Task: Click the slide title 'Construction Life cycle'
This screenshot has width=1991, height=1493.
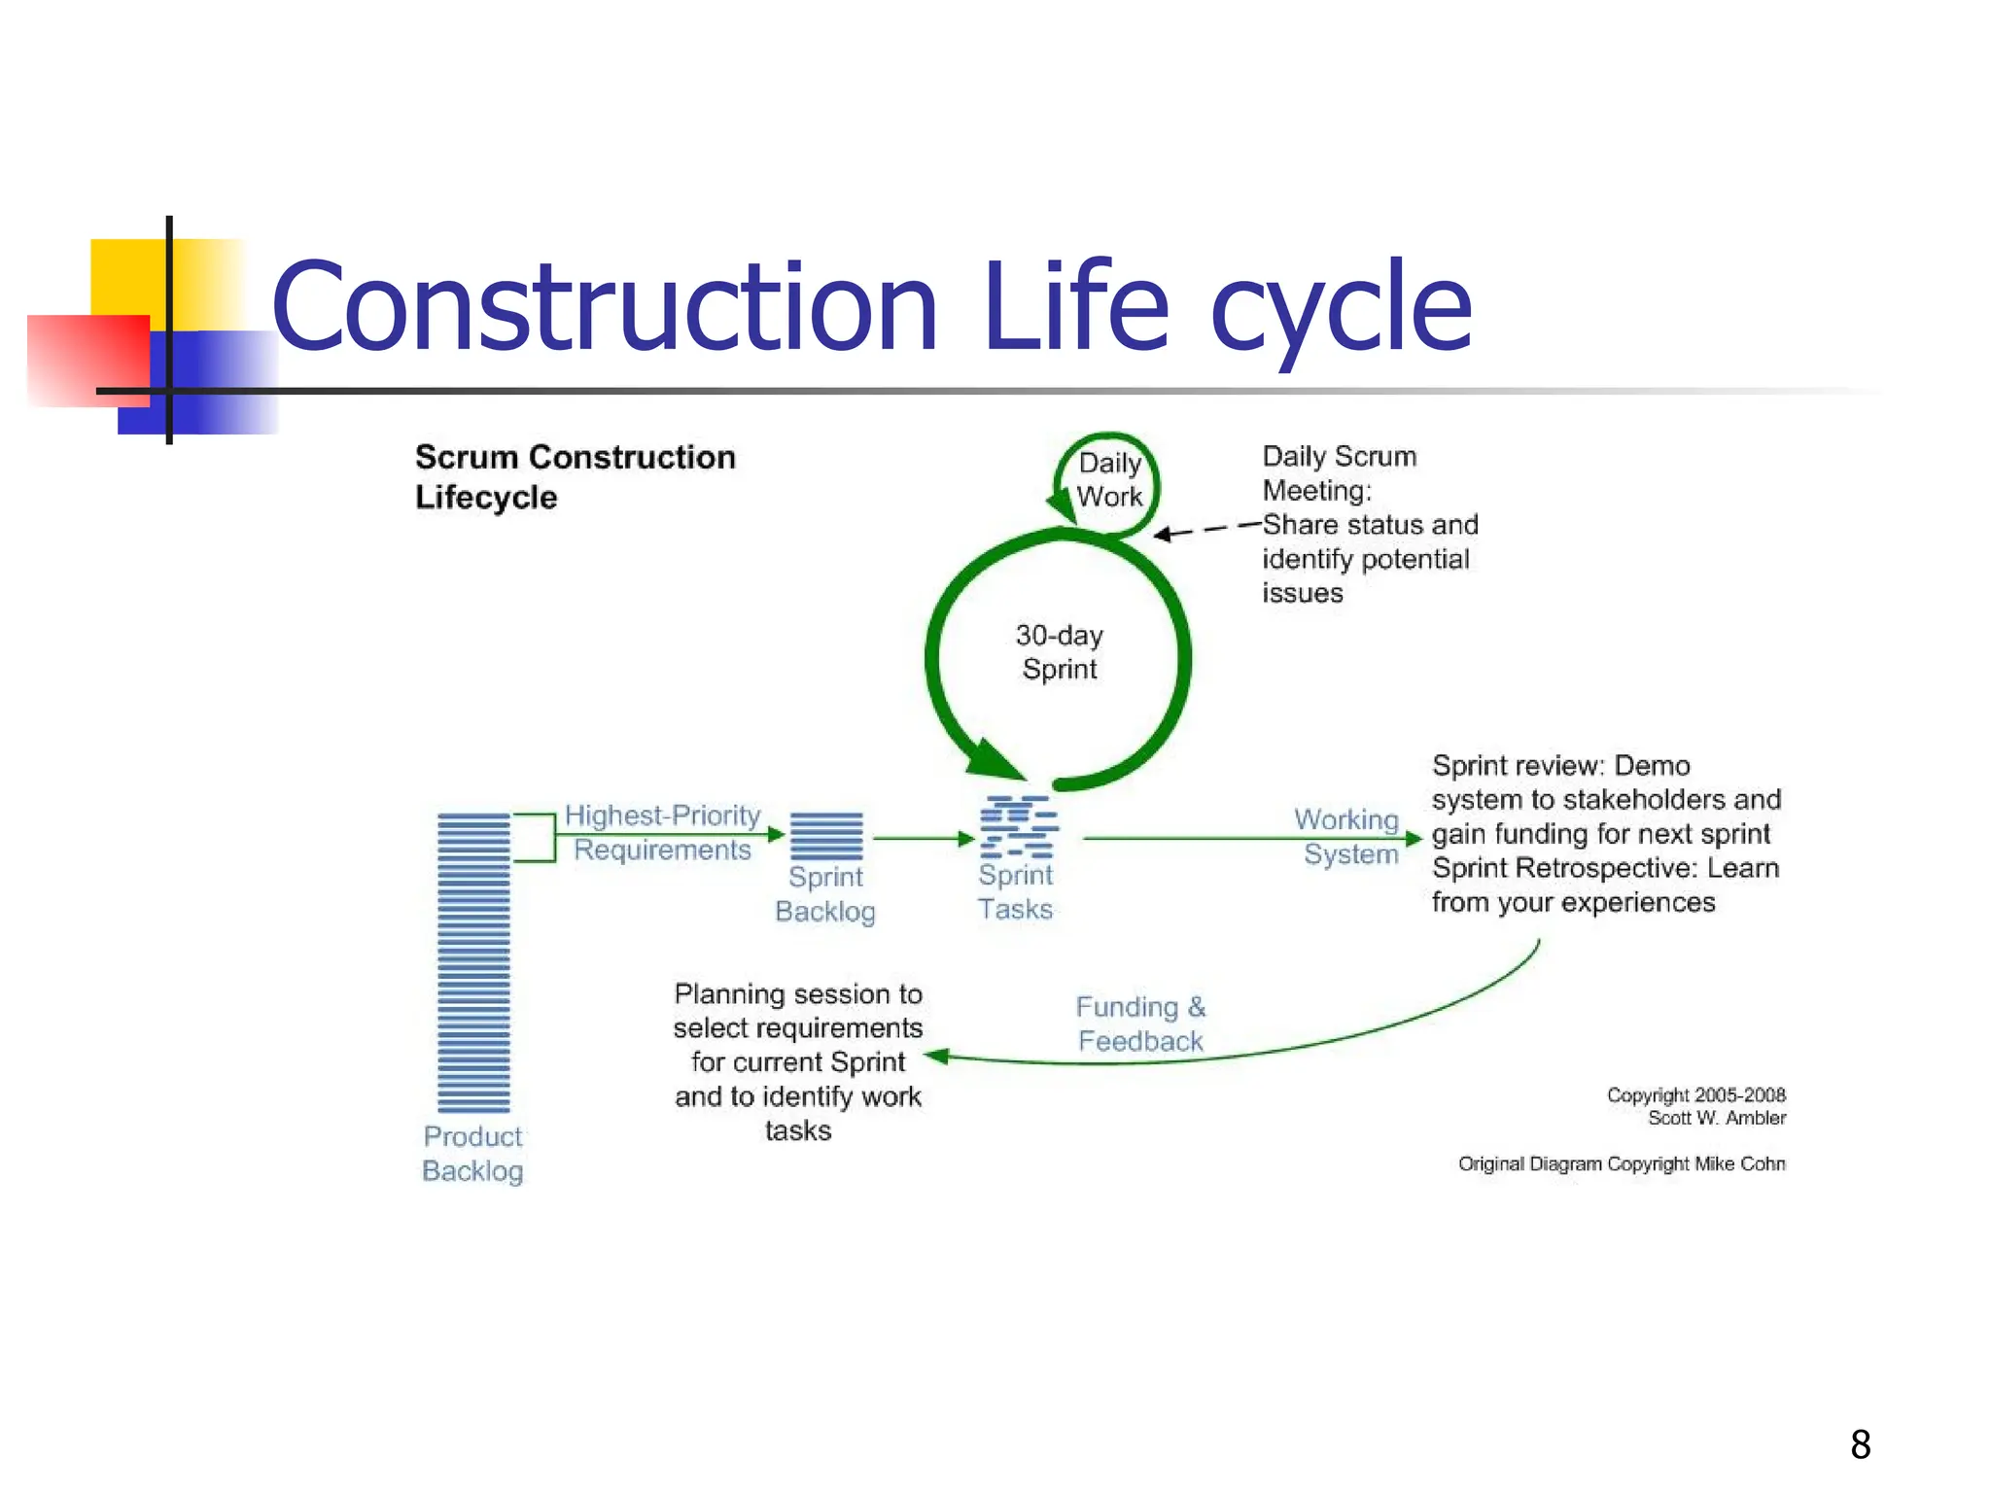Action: click(871, 306)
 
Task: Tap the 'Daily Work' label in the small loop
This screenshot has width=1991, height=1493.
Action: click(1109, 479)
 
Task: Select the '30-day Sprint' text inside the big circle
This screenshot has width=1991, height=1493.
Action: click(1059, 652)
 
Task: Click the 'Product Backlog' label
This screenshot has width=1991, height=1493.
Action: click(472, 1154)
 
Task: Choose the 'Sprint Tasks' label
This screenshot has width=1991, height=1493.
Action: click(1015, 892)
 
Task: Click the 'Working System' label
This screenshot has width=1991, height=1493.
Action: click(1348, 837)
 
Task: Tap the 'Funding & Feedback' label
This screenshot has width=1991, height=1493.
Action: click(1140, 1024)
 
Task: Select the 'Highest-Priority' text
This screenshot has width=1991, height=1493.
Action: click(662, 816)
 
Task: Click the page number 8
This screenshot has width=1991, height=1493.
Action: click(1860, 1444)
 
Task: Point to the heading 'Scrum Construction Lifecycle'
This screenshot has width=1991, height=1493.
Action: click(575, 476)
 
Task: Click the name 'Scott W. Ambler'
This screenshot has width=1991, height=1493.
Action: click(1717, 1119)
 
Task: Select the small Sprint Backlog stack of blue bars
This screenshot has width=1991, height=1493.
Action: click(826, 836)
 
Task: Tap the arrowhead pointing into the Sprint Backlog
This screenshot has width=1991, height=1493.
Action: click(776, 834)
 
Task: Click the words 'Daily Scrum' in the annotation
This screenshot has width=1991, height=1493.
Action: click(1339, 457)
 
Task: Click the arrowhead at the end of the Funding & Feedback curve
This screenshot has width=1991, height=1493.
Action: click(935, 1057)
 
